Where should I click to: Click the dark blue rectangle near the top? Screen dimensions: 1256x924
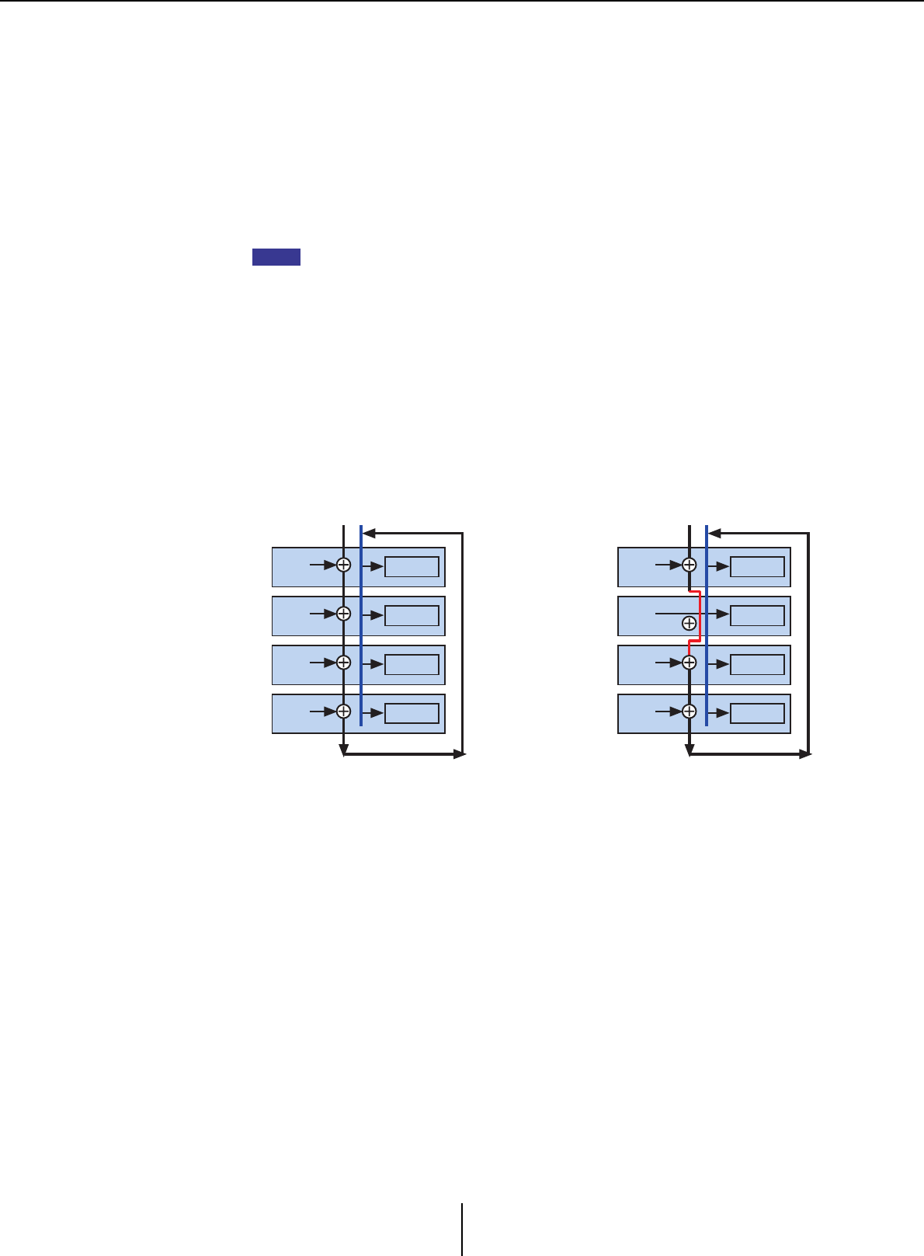276,257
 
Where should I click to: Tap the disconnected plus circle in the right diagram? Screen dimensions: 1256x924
689,623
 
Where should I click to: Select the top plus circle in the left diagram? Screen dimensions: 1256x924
343,565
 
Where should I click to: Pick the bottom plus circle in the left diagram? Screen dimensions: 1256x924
343,712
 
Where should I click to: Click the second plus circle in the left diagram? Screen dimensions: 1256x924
343,614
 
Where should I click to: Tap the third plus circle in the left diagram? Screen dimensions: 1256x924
343,663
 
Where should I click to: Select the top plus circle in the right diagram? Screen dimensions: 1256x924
689,565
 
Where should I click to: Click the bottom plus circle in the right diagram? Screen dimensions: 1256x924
689,712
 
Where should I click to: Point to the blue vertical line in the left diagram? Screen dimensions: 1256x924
361,637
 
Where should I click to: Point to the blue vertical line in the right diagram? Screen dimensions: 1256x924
707,637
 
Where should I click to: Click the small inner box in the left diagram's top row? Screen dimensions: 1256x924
412,566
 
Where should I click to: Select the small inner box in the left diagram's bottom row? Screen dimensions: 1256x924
412,713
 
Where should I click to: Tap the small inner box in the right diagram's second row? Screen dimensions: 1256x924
757,615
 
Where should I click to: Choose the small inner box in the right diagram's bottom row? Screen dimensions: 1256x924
757,713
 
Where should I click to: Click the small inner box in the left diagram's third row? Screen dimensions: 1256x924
412,664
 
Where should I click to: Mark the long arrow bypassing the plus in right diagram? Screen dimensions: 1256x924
683,614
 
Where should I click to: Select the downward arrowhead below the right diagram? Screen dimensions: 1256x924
689,750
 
